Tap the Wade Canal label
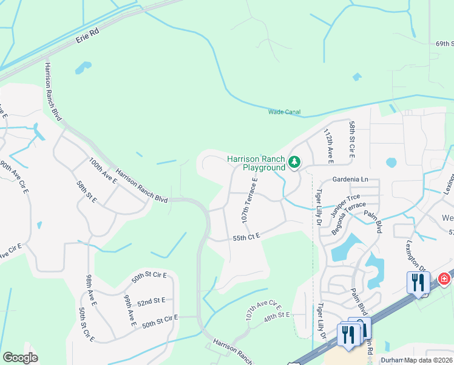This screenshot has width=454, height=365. coord(284,112)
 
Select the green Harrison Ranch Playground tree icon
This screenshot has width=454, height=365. coord(294,162)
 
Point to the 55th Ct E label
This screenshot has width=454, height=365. coord(245,235)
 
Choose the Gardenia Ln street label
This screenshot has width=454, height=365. coord(350,179)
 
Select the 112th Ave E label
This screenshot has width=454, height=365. coord(328,146)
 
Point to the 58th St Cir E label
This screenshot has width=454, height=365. coord(351,138)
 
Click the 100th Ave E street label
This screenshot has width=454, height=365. coord(102,170)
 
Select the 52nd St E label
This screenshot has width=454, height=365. coord(152,301)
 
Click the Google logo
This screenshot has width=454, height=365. coord(20,358)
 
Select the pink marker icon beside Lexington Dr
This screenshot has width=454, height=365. coord(444,279)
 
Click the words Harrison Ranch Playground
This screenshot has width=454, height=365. coord(256,163)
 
